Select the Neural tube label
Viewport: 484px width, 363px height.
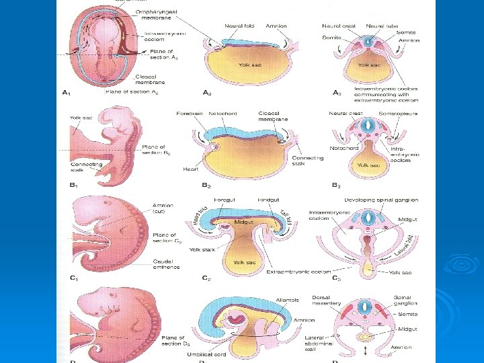tap(382, 26)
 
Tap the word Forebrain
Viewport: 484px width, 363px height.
tap(189, 114)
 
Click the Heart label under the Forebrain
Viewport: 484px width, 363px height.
tap(190, 169)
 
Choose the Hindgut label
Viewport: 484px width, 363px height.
tap(269, 200)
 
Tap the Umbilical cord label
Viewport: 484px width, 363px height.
tap(207, 353)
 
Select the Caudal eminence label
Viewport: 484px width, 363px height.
tap(166, 264)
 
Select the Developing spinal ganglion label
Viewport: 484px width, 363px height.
tap(381, 200)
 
